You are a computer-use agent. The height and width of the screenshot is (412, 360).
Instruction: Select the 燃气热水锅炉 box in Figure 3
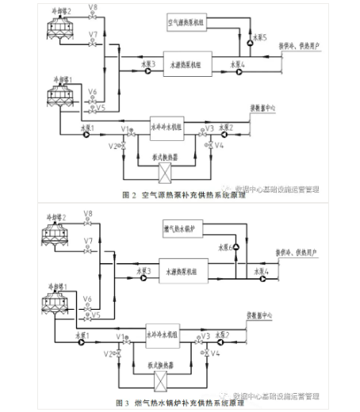181,229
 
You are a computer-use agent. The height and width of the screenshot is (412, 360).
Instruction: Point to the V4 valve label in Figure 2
220,146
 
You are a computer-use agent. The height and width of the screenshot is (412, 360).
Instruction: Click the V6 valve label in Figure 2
94,91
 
